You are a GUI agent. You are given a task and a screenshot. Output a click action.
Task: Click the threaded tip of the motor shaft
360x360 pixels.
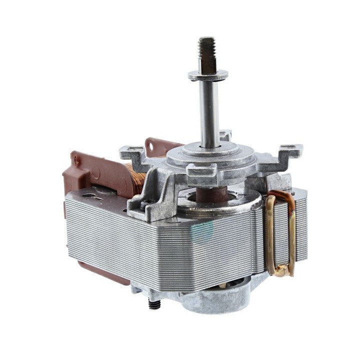tap(206, 45)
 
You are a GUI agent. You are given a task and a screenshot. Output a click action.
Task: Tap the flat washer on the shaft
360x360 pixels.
tap(208, 75)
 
